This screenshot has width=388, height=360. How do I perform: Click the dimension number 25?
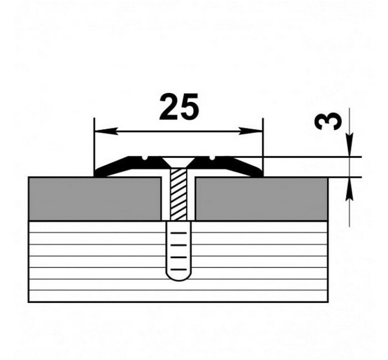click(178, 106)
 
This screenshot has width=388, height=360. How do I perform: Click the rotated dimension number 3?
click(328, 121)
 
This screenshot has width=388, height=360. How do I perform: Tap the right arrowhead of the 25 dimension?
click(251, 131)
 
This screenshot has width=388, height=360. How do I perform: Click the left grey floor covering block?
click(95, 199)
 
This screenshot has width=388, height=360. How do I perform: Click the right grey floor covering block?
click(262, 199)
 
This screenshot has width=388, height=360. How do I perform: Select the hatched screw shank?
click(178, 194)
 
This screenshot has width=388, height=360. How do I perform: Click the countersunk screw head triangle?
click(178, 161)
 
